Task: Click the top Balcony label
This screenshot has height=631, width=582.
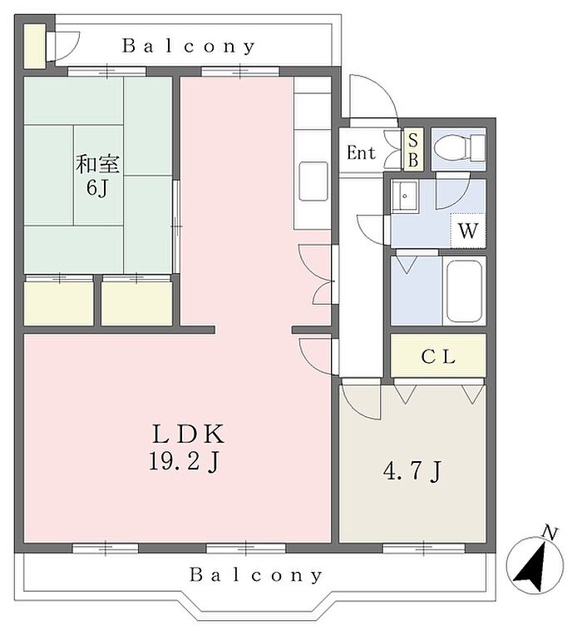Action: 189,47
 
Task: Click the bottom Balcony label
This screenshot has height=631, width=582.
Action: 255,575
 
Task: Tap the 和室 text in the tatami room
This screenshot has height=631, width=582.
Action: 97,164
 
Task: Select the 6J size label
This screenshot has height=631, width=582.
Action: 97,187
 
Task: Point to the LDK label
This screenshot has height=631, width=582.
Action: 188,434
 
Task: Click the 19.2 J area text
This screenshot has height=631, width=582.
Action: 184,461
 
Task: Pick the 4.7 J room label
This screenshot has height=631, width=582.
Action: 412,471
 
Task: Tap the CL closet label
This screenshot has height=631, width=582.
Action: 438,356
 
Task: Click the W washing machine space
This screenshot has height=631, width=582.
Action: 468,231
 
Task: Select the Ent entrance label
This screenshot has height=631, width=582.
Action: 361,152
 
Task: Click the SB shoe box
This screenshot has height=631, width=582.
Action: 413,150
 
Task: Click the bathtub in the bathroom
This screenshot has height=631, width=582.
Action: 464,291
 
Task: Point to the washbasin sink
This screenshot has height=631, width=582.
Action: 405,196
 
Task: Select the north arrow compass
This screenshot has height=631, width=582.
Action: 535,565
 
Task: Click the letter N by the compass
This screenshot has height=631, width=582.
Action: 550,533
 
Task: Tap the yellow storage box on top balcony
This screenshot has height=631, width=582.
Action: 35,46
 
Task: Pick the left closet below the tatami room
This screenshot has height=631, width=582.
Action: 59,303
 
